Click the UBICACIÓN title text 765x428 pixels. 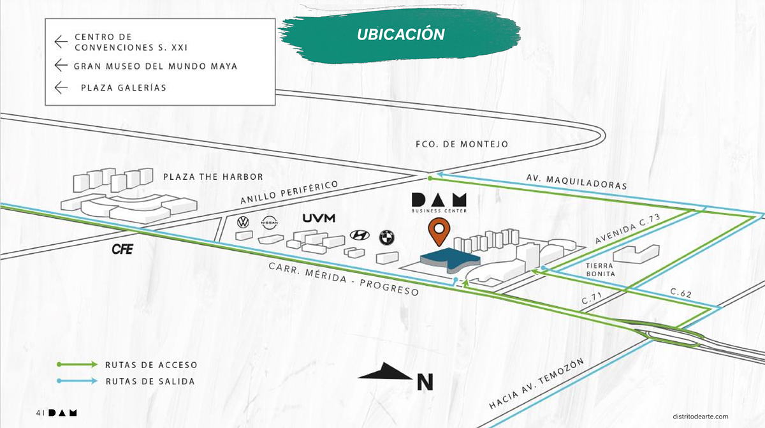tap(400, 34)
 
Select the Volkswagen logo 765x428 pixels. tap(243, 223)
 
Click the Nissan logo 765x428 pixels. tap(270, 223)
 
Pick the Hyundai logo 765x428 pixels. tap(360, 235)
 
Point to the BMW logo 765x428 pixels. tap(387, 237)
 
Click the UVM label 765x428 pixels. tap(319, 218)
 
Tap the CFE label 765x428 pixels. tap(122, 249)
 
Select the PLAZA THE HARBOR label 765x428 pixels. tap(213, 177)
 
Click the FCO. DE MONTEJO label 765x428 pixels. tap(461, 144)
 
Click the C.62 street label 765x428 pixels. tap(681, 293)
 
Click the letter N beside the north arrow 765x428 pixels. tap(425, 381)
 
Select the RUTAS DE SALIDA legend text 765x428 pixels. tap(150, 381)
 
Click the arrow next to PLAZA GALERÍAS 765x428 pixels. tap(61, 87)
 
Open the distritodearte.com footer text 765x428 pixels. tap(700, 415)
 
